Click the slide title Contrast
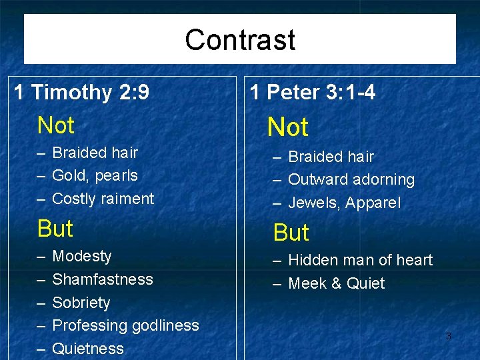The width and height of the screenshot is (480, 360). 240,39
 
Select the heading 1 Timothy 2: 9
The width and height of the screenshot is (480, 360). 81,92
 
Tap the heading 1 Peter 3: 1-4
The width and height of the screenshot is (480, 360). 313,93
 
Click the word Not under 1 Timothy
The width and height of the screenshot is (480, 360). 56,125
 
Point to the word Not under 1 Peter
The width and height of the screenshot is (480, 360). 287,127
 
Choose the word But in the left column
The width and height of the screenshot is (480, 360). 55,229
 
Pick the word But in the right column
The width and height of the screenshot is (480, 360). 291,233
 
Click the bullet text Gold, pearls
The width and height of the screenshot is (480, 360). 95,175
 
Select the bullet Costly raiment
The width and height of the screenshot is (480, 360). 103,199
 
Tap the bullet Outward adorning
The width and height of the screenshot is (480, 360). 351,180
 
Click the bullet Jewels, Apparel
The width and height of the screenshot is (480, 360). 345,203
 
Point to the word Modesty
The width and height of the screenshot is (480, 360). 82,256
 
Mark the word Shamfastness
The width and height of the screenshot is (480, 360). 103,279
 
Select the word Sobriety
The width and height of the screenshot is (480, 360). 81,303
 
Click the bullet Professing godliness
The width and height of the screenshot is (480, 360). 125,325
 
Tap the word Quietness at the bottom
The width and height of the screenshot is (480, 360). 88,349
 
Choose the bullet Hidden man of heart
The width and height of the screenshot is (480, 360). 360,260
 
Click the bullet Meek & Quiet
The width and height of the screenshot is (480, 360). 337,283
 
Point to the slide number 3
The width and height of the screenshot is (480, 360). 448,337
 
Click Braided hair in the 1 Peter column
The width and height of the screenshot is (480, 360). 331,157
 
